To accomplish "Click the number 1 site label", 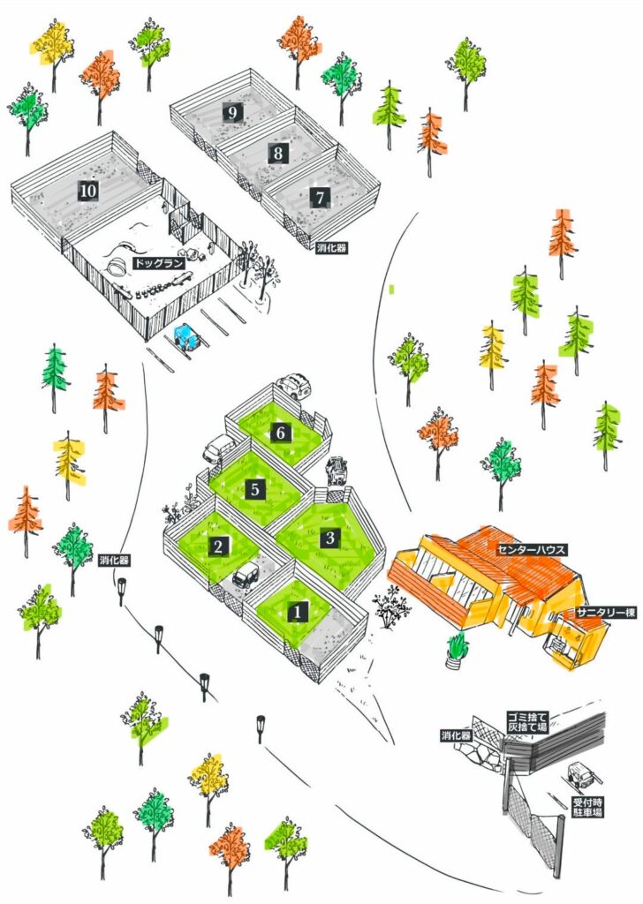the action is point(298,612).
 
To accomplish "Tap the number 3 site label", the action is point(329,538).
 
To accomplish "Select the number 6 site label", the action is point(281,433).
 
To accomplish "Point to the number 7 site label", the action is point(320,198).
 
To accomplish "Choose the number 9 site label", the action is point(232,112).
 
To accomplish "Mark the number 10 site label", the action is point(87,191).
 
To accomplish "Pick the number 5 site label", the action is point(255,489).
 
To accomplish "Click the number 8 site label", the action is point(278,154).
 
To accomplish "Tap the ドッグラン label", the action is point(159,263).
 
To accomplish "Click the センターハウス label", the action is point(532,549).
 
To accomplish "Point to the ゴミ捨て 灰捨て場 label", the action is point(527,722).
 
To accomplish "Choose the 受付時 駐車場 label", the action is point(587,807).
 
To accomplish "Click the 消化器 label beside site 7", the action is point(332,248).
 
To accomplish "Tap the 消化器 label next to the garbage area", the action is point(456,735).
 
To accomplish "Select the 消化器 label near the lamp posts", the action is point(114,560).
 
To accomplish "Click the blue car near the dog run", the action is point(186,336).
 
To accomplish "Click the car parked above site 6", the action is point(294,387).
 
